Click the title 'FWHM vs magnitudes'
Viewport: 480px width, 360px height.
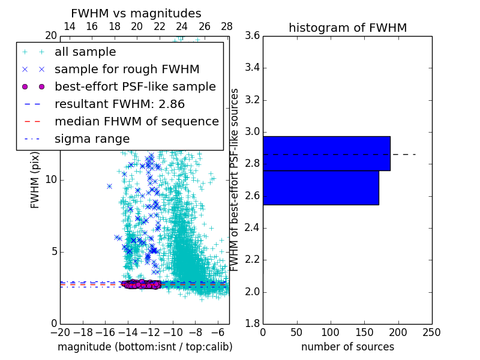point(136,13)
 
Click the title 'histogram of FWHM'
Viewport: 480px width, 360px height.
point(347,28)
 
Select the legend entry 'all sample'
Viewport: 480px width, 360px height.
point(85,52)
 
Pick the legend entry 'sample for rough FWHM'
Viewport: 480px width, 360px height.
point(127,69)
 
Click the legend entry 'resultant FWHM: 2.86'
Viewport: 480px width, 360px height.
point(119,104)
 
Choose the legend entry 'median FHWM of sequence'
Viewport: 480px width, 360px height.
point(136,121)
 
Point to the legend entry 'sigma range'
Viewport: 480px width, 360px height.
point(92,139)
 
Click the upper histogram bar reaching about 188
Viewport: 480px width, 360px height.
point(326,154)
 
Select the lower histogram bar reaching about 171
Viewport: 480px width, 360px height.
point(320,188)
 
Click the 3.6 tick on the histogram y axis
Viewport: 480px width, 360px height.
point(252,35)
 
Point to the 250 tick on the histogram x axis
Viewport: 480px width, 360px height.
point(432,332)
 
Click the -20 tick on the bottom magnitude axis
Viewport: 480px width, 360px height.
point(60,332)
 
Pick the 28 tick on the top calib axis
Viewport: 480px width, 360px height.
point(227,26)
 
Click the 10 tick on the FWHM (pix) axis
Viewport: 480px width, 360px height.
point(51,179)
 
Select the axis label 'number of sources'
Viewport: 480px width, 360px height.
point(347,347)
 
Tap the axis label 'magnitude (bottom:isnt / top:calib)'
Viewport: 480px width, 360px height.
point(145,347)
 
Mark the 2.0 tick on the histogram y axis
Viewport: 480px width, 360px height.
point(252,292)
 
